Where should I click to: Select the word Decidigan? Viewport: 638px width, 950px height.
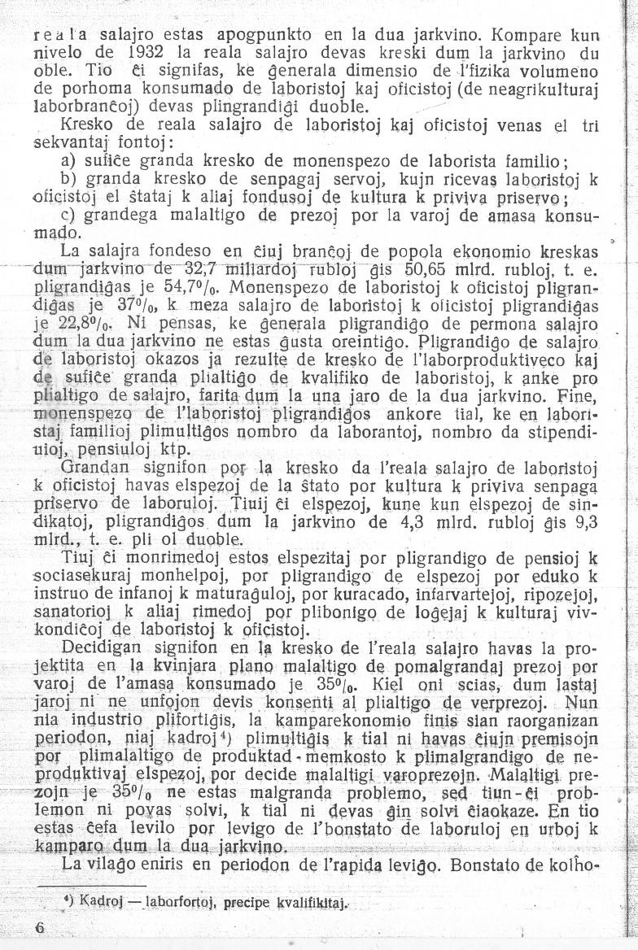97,647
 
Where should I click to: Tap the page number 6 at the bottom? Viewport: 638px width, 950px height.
40,929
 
